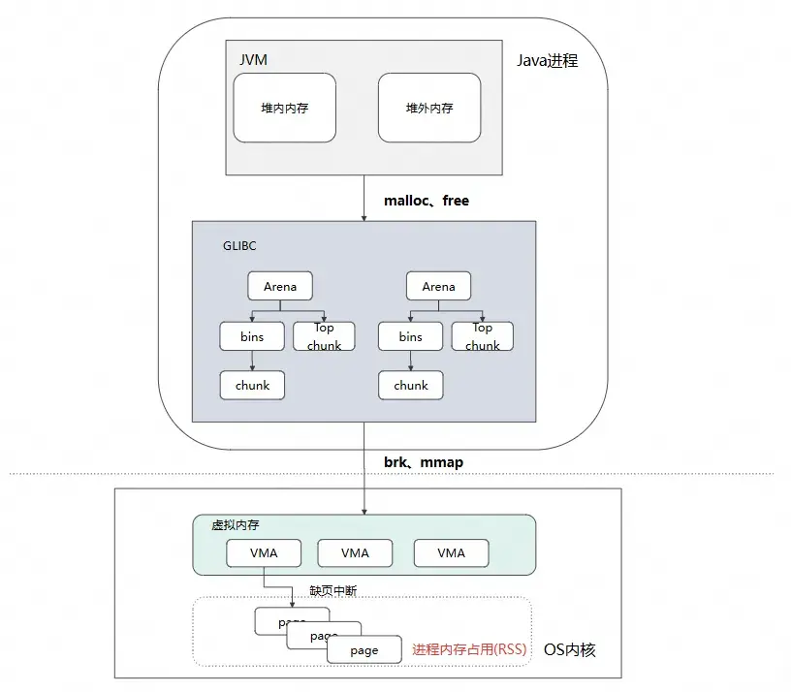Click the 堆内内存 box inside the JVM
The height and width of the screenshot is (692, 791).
tap(285, 109)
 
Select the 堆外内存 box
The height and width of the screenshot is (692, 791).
tap(429, 109)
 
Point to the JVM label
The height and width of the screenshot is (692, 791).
tap(253, 60)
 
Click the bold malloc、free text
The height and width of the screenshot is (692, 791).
tap(427, 201)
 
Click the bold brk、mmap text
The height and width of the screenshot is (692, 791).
tap(424, 462)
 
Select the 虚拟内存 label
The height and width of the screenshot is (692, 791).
tap(236, 524)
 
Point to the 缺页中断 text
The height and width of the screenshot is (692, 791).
tap(332, 590)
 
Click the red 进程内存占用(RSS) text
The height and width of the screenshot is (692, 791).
tap(469, 649)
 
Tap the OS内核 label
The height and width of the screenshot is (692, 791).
tap(569, 649)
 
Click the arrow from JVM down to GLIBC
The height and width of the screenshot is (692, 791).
tap(364, 198)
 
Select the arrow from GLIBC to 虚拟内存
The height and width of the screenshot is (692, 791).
tap(364, 465)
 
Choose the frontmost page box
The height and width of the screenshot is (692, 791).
tap(364, 650)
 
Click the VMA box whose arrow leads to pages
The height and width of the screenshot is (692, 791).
tap(264, 552)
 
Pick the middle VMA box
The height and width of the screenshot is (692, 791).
tap(355, 552)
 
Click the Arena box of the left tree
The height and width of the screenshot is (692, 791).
tap(280, 286)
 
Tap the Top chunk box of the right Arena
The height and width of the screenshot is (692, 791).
tap(482, 336)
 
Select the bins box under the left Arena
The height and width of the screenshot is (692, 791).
tap(252, 336)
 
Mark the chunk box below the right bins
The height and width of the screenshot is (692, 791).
tap(411, 385)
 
